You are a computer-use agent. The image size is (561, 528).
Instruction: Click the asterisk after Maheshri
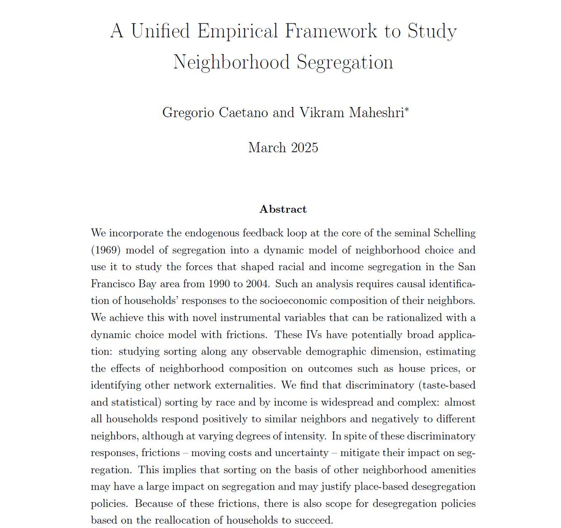(407, 110)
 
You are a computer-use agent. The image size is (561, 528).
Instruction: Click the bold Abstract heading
(283, 209)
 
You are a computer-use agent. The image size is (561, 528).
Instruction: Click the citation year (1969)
(106, 250)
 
